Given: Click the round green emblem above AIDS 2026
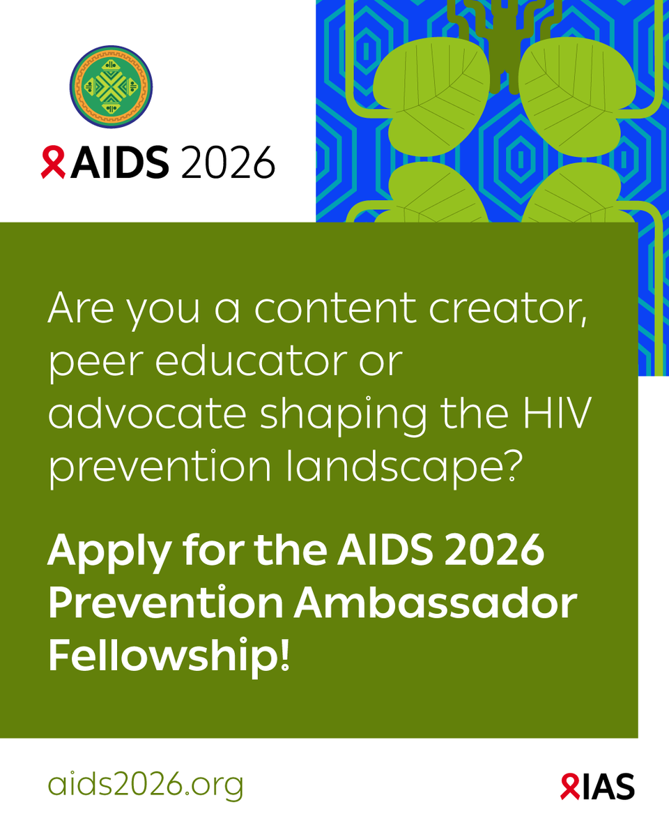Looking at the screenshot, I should [x=111, y=87].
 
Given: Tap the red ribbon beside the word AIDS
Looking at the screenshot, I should [x=53, y=163].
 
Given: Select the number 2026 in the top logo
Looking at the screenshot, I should [x=227, y=163].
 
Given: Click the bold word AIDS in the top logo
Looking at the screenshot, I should [x=119, y=163].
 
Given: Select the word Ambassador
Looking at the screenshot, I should [x=435, y=604].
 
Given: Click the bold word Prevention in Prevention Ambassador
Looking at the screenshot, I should [x=164, y=604].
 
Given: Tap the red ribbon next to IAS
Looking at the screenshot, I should [x=569, y=787].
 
